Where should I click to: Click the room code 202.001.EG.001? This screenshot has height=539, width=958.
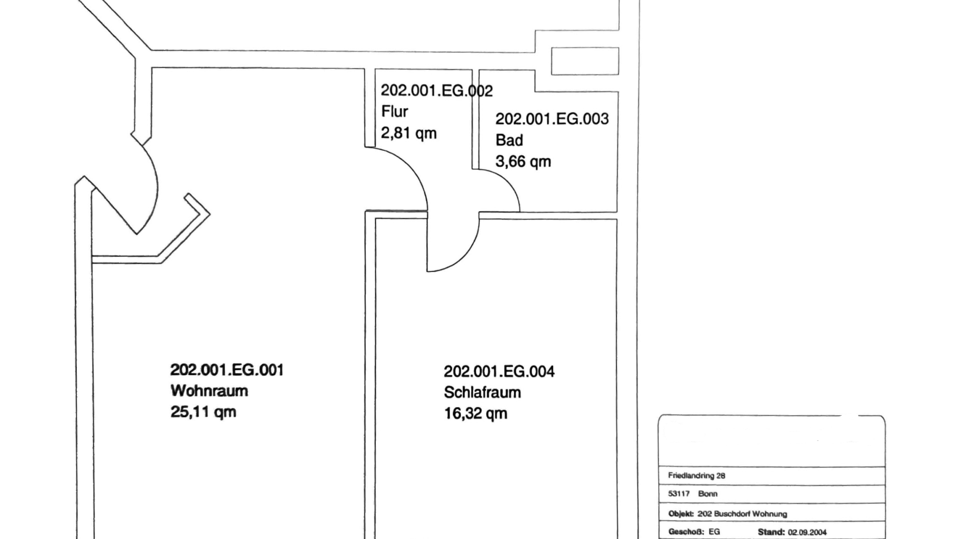pos(227,370)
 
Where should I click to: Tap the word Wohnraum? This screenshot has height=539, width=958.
pos(209,391)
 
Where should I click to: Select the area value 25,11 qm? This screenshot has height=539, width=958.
pos(203,412)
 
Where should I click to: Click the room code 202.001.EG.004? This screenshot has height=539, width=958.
pos(499,372)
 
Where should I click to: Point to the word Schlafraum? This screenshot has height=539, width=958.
pos(482,393)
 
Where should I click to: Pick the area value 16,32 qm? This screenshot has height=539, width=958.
pos(476,414)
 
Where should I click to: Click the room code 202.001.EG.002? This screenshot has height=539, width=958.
pos(437,91)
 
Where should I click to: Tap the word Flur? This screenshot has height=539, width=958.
pos(395,111)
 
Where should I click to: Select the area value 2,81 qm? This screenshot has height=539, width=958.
pos(409,133)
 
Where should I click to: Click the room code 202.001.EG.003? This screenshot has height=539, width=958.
pos(552,119)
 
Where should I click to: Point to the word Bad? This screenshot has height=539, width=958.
pos(509,140)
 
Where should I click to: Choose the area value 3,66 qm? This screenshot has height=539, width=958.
pos(523,162)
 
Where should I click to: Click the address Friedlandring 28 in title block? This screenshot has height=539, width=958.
pos(697,476)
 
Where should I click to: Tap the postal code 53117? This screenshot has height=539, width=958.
pos(679,494)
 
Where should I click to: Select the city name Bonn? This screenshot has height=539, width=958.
pos(708,494)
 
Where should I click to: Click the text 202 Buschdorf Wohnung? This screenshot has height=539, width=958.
pos(742,514)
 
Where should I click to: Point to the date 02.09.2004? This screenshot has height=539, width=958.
pos(807,533)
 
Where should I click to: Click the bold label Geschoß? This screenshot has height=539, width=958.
pos(686,532)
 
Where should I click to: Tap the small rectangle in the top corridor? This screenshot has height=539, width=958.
pos(585,61)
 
